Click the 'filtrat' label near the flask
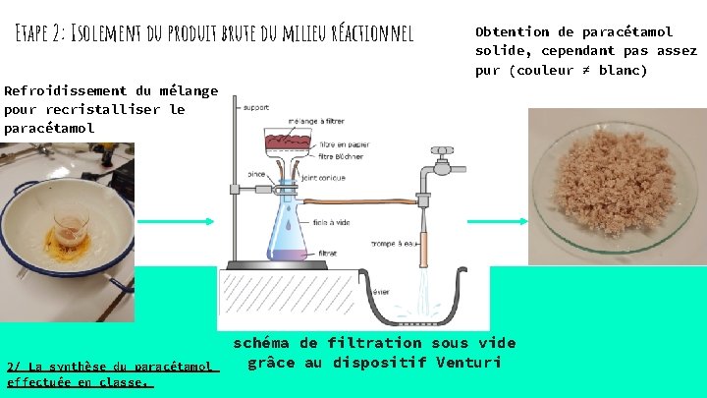328,253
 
